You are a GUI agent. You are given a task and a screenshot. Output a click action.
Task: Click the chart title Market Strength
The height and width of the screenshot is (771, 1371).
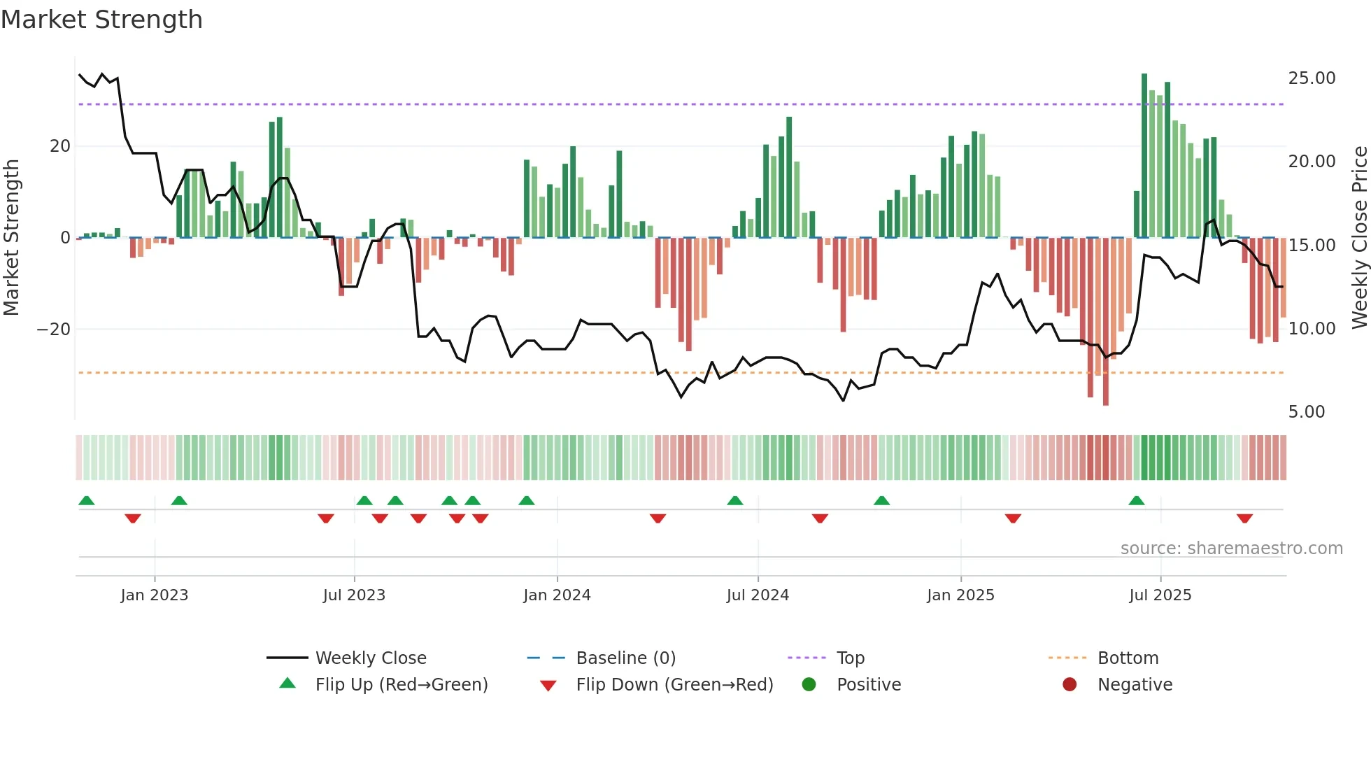101,20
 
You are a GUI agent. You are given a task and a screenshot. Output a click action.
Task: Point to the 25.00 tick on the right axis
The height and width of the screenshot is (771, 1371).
1312,78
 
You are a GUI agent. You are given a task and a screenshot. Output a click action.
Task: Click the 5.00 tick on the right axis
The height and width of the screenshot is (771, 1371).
1306,411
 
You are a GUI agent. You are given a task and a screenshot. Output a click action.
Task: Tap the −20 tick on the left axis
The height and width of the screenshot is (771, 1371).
54,329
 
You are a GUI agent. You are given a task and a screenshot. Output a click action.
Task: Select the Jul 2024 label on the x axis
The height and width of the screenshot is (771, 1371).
758,595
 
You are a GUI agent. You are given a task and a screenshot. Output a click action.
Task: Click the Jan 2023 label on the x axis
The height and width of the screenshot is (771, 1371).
155,595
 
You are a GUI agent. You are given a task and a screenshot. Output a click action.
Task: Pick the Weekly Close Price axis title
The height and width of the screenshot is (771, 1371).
1359,238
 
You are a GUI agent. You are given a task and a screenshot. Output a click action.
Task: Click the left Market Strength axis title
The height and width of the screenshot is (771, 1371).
11,238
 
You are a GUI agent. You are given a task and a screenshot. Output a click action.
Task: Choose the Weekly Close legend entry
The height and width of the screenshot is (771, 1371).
370,658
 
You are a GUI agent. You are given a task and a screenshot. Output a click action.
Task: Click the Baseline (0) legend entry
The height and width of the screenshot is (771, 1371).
625,658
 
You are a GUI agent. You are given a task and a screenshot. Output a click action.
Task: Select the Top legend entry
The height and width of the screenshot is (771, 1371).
850,658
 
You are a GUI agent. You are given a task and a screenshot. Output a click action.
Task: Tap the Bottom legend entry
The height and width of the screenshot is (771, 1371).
1128,658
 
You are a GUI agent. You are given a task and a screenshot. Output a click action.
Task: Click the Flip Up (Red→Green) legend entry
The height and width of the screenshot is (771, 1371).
401,684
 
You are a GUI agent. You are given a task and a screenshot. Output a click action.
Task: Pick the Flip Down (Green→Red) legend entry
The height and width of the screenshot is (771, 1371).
674,684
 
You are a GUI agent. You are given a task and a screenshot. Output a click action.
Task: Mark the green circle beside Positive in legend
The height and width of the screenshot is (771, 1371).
809,684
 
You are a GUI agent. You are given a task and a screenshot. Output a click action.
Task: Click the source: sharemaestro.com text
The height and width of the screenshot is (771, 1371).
1231,548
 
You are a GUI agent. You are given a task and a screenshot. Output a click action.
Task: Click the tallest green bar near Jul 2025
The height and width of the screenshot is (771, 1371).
1144,155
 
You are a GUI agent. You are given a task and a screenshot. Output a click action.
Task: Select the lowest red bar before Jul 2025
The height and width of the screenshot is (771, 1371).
1105,322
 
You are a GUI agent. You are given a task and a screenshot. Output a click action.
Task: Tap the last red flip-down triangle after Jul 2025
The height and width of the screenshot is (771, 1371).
1244,518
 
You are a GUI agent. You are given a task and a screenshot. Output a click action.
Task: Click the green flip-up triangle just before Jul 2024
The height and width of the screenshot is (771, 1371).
734,500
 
